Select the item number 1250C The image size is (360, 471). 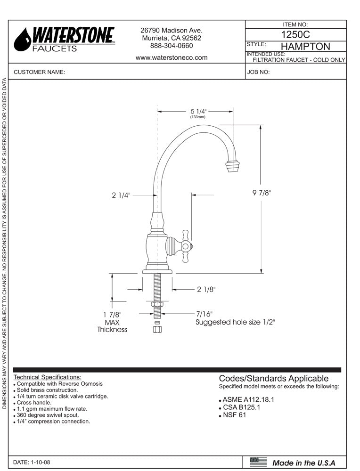pyautogui.click(x=295, y=34)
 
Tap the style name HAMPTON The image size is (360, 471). pyautogui.click(x=305, y=47)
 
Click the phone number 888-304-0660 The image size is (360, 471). pyautogui.click(x=172, y=46)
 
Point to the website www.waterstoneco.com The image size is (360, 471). pyautogui.click(x=172, y=58)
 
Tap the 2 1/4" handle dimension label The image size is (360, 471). pyautogui.click(x=121, y=195)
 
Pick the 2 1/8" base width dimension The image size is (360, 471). pyautogui.click(x=206, y=290)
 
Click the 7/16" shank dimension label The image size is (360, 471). pyautogui.click(x=205, y=314)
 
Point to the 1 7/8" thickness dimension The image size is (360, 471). pyautogui.click(x=112, y=315)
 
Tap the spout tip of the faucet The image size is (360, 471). pyautogui.click(x=233, y=165)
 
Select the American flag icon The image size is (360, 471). pyautogui.click(x=258, y=462)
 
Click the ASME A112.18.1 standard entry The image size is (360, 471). pyautogui.click(x=248, y=399)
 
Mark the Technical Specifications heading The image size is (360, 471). pyautogui.click(x=48, y=377)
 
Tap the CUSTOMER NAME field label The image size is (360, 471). pyautogui.click(x=40, y=73)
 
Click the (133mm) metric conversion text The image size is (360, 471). pyautogui.click(x=197, y=117)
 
